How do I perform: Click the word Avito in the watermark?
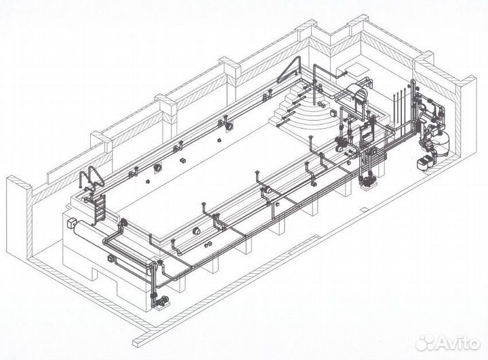[x=457, y=343]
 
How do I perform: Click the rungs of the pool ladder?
[x=100, y=209]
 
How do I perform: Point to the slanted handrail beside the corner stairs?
[x=289, y=70]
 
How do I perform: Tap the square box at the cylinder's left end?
[x=71, y=223]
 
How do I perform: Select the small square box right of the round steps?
[x=335, y=113]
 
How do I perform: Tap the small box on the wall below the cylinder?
[x=110, y=258]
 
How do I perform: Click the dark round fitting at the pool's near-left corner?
[x=123, y=223]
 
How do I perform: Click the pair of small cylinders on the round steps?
[x=321, y=104]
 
